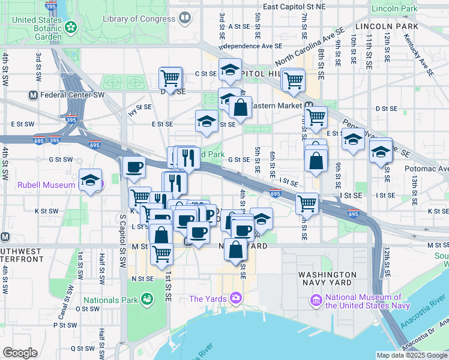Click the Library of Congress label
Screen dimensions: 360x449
(x=139, y=19)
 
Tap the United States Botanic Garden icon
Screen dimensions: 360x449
(x=72, y=27)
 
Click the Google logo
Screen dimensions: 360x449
(x=20, y=353)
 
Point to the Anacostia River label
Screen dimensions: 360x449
(x=429, y=309)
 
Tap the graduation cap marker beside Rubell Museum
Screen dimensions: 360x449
(x=91, y=180)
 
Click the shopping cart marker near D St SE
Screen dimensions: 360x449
(x=170, y=78)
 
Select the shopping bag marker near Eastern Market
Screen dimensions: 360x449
(x=240, y=108)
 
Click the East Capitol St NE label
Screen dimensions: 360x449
(x=294, y=7)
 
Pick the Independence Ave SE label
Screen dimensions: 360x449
(x=251, y=46)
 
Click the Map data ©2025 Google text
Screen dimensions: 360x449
(x=411, y=355)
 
